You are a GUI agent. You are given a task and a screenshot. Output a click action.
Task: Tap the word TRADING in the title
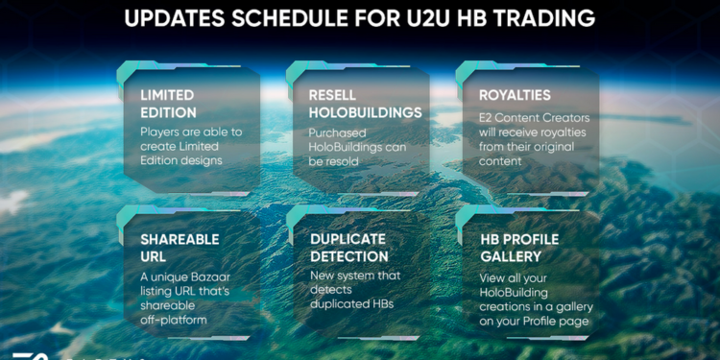[x=545, y=18]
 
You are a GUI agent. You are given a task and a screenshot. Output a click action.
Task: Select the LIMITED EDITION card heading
[x=167, y=104]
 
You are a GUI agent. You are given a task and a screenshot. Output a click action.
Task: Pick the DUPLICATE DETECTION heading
[x=348, y=248]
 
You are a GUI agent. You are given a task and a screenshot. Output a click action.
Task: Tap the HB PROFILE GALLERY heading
[x=518, y=248]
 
